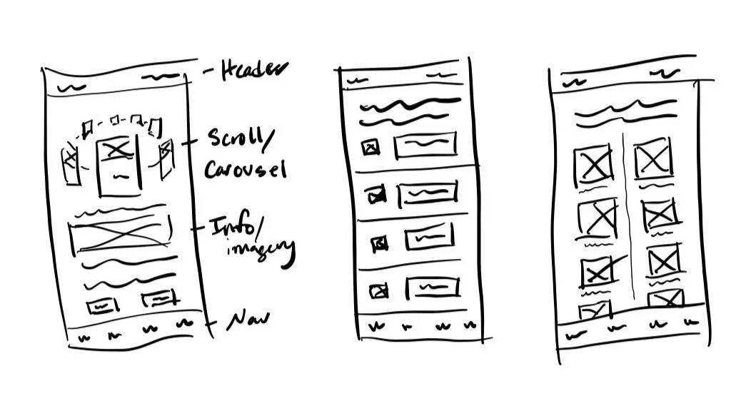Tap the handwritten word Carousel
click(246, 169)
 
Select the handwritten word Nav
click(247, 322)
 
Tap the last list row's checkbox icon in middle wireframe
click(378, 290)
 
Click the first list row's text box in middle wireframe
click(426, 145)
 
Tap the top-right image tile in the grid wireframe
click(653, 159)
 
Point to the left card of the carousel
click(72, 165)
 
